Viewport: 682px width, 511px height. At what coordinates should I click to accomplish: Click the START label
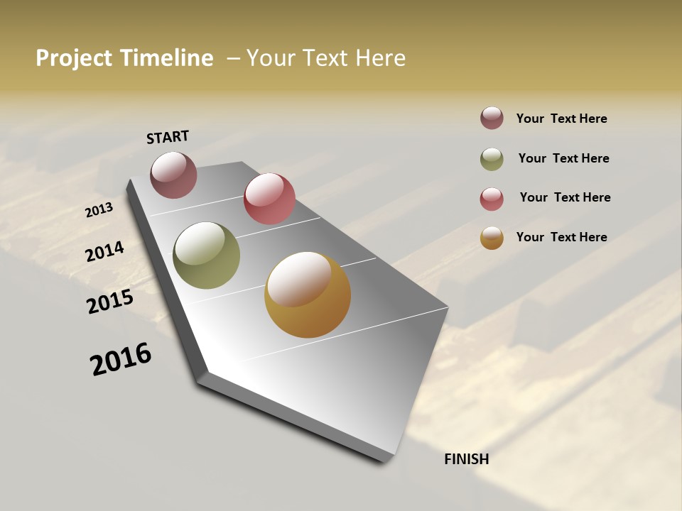point(168,137)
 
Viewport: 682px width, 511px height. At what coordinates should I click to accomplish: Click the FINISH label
point(467,459)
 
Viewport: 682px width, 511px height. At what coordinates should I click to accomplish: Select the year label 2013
point(99,209)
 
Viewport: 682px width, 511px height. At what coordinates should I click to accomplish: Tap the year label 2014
point(104,251)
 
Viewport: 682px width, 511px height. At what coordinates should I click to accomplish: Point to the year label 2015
point(110,302)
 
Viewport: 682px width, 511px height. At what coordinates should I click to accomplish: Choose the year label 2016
point(121,359)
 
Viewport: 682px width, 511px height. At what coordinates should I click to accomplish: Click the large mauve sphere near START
point(173,175)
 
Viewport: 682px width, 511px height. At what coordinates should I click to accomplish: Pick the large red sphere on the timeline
point(269,199)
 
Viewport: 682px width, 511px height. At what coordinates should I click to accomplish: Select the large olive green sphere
point(206,255)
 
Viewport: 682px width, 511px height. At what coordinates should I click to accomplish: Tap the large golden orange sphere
point(308,295)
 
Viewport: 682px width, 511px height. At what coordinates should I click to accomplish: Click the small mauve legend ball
point(492,119)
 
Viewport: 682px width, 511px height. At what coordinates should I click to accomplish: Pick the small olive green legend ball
point(492,159)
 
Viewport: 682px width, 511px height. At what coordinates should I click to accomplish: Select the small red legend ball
point(492,199)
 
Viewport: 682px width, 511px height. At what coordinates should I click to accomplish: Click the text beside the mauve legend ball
point(561,119)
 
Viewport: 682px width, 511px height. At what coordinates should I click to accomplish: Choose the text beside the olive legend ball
point(563,158)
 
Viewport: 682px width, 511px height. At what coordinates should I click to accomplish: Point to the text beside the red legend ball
point(565,197)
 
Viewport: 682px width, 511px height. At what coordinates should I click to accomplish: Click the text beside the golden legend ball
point(561,237)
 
